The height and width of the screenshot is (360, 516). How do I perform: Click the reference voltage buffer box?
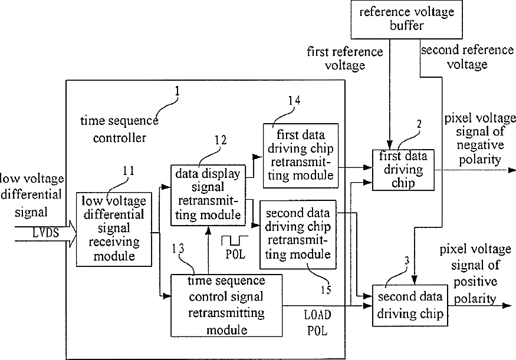pos(407,19)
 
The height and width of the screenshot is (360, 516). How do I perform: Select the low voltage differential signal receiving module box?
pos(114,229)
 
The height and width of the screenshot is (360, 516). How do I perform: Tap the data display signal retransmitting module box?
pos(208,195)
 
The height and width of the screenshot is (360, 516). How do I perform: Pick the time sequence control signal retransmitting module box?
pos(226,305)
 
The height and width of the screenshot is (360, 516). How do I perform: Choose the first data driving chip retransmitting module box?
pos(301,156)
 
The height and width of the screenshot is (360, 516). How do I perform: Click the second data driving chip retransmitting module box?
pos(298,235)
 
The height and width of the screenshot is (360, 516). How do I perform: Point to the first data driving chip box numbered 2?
pos(403,170)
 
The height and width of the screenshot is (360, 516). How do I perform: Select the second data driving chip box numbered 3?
pos(410,305)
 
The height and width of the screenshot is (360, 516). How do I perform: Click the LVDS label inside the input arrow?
pos(46,233)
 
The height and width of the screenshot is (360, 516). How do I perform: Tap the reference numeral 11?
pos(129,171)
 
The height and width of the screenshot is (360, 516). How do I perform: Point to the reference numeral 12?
pos(221,140)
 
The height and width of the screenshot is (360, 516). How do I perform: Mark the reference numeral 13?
pos(178,249)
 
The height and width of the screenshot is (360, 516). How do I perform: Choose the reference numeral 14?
pos(294,100)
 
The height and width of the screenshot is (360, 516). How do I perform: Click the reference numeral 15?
pos(326,290)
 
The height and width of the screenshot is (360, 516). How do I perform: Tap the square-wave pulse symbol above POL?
pos(235,240)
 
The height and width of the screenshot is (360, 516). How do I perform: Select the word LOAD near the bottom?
pos(318,315)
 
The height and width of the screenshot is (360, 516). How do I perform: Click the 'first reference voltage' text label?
pos(345,58)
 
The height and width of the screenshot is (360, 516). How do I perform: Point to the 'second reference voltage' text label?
pos(467,57)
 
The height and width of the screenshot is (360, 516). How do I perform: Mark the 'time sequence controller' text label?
pos(120,129)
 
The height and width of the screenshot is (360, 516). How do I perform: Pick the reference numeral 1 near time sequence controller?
pos(178,91)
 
